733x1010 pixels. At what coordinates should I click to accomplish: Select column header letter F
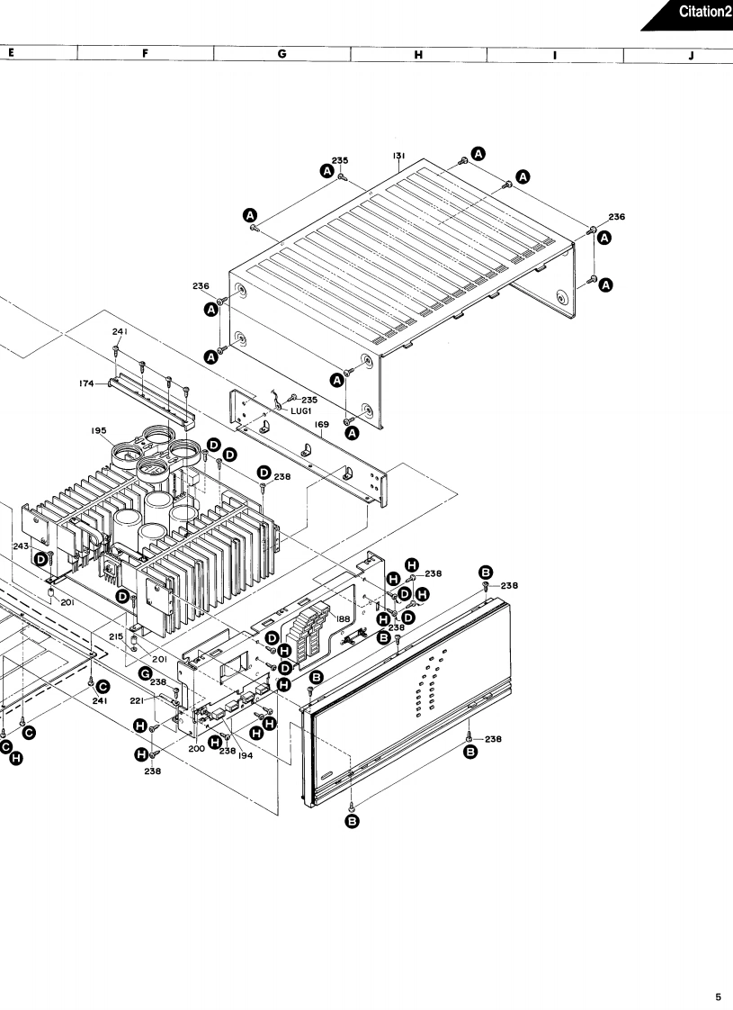pyautogui.click(x=145, y=54)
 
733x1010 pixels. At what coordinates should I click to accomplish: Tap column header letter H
pyautogui.click(x=418, y=54)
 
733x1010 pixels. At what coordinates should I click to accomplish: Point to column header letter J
pyautogui.click(x=691, y=54)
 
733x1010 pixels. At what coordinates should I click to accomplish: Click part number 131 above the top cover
pyautogui.click(x=398, y=156)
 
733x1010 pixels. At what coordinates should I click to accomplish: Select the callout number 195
pyautogui.click(x=99, y=430)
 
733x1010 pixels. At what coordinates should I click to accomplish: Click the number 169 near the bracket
pyautogui.click(x=321, y=424)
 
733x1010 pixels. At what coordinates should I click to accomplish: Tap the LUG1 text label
pyautogui.click(x=300, y=410)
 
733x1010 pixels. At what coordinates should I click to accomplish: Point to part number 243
pyautogui.click(x=22, y=546)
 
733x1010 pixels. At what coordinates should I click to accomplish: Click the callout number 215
pyautogui.click(x=116, y=636)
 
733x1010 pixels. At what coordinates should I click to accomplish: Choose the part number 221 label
pyautogui.click(x=138, y=699)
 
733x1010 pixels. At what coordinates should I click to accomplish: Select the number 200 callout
pyautogui.click(x=197, y=748)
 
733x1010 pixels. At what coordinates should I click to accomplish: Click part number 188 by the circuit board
pyautogui.click(x=344, y=619)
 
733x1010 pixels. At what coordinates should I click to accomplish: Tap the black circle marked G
pyautogui.click(x=144, y=674)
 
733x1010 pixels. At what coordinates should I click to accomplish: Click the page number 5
pyautogui.click(x=718, y=996)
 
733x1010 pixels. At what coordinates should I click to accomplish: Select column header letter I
pyautogui.click(x=555, y=54)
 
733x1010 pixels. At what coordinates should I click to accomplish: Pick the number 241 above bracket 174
pyautogui.click(x=119, y=332)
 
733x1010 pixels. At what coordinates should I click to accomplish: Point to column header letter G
pyautogui.click(x=282, y=54)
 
